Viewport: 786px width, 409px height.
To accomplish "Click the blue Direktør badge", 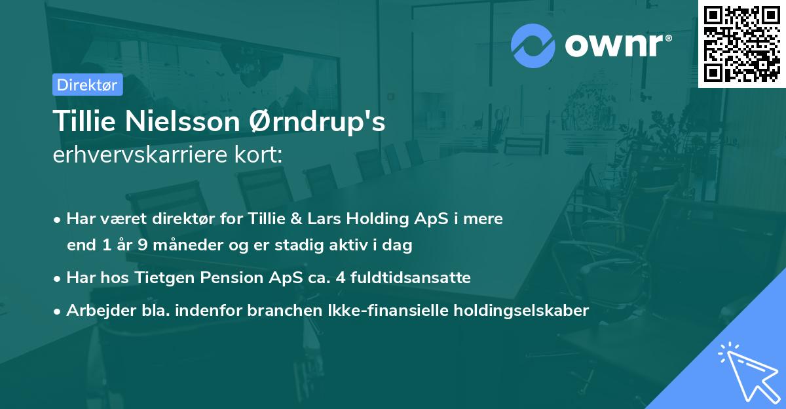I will pos(87,85).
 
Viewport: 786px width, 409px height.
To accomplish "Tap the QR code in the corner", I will pos(742,44).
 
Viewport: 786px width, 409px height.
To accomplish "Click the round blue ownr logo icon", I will pos(533,45).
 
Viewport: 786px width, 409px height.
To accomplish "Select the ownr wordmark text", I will pos(616,45).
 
